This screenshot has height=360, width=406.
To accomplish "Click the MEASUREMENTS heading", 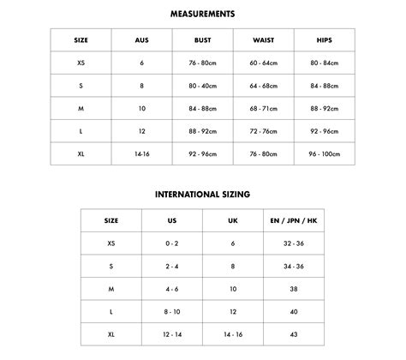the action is [203, 14].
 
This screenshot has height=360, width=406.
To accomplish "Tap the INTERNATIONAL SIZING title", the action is [203, 195].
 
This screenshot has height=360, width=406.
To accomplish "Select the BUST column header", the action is [203, 40].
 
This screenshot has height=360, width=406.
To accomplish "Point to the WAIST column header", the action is [264, 40].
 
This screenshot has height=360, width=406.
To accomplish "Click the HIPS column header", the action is [325, 40].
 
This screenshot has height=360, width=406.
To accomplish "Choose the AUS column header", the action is [142, 40].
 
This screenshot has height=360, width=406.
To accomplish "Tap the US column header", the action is [172, 220].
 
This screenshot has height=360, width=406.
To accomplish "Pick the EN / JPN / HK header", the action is [294, 220].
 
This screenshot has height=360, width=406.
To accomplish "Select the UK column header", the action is [233, 220].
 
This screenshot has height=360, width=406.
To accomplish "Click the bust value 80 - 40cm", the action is [203, 86].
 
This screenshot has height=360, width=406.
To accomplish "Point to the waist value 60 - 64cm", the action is [264, 63].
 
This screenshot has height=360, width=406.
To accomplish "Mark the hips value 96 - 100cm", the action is [325, 155].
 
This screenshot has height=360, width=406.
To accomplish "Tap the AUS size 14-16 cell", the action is [142, 155].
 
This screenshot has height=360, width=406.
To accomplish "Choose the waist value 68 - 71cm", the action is [264, 109].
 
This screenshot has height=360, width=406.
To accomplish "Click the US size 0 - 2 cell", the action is [172, 243].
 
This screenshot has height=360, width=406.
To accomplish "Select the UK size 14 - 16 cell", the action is [233, 334].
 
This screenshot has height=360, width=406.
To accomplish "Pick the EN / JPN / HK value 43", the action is [294, 334].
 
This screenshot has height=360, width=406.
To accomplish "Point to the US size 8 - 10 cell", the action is [172, 312].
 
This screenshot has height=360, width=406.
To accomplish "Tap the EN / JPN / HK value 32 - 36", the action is [294, 243].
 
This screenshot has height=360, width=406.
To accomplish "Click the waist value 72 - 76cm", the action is [264, 132].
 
